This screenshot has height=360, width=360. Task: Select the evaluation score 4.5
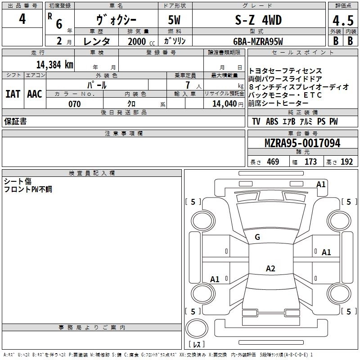[x=342, y=21]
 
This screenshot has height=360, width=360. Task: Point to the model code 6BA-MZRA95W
[x=258, y=41]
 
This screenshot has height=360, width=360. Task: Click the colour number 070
[x=75, y=104]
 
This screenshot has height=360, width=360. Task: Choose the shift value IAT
[x=13, y=94]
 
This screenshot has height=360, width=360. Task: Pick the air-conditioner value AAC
[x=34, y=94]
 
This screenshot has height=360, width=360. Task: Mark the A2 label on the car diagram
[x=270, y=269]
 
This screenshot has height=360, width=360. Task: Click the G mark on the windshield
[x=257, y=237]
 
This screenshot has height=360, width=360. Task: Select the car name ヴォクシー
[x=117, y=20]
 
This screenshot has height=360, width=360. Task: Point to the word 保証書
[x=15, y=121]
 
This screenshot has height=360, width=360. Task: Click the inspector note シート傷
[x=18, y=181]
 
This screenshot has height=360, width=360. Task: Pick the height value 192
[x=347, y=162]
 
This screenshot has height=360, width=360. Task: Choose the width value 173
[x=311, y=162]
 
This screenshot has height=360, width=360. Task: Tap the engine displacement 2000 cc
[x=140, y=41]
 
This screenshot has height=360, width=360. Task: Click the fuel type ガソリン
[x=175, y=40]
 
